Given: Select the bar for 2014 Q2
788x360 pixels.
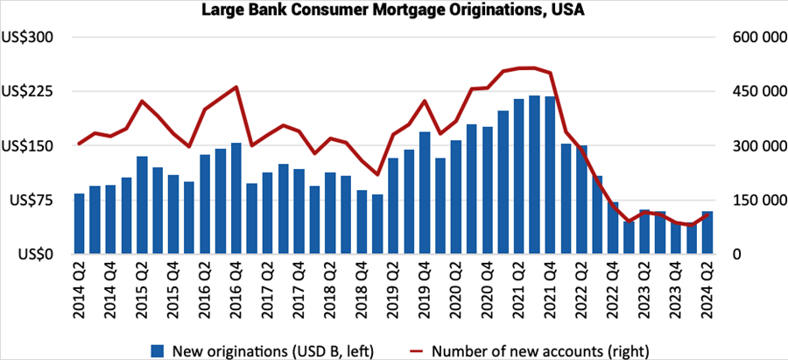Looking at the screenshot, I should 79,224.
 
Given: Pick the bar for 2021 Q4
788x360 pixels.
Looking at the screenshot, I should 550,175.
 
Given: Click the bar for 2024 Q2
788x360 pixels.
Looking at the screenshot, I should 707,233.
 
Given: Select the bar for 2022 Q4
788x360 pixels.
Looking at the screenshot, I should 613,229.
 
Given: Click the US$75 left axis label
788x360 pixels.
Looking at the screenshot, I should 32,201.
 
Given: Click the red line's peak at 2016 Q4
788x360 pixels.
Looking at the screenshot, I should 236,87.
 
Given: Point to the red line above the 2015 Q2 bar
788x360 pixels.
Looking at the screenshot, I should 142,102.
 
